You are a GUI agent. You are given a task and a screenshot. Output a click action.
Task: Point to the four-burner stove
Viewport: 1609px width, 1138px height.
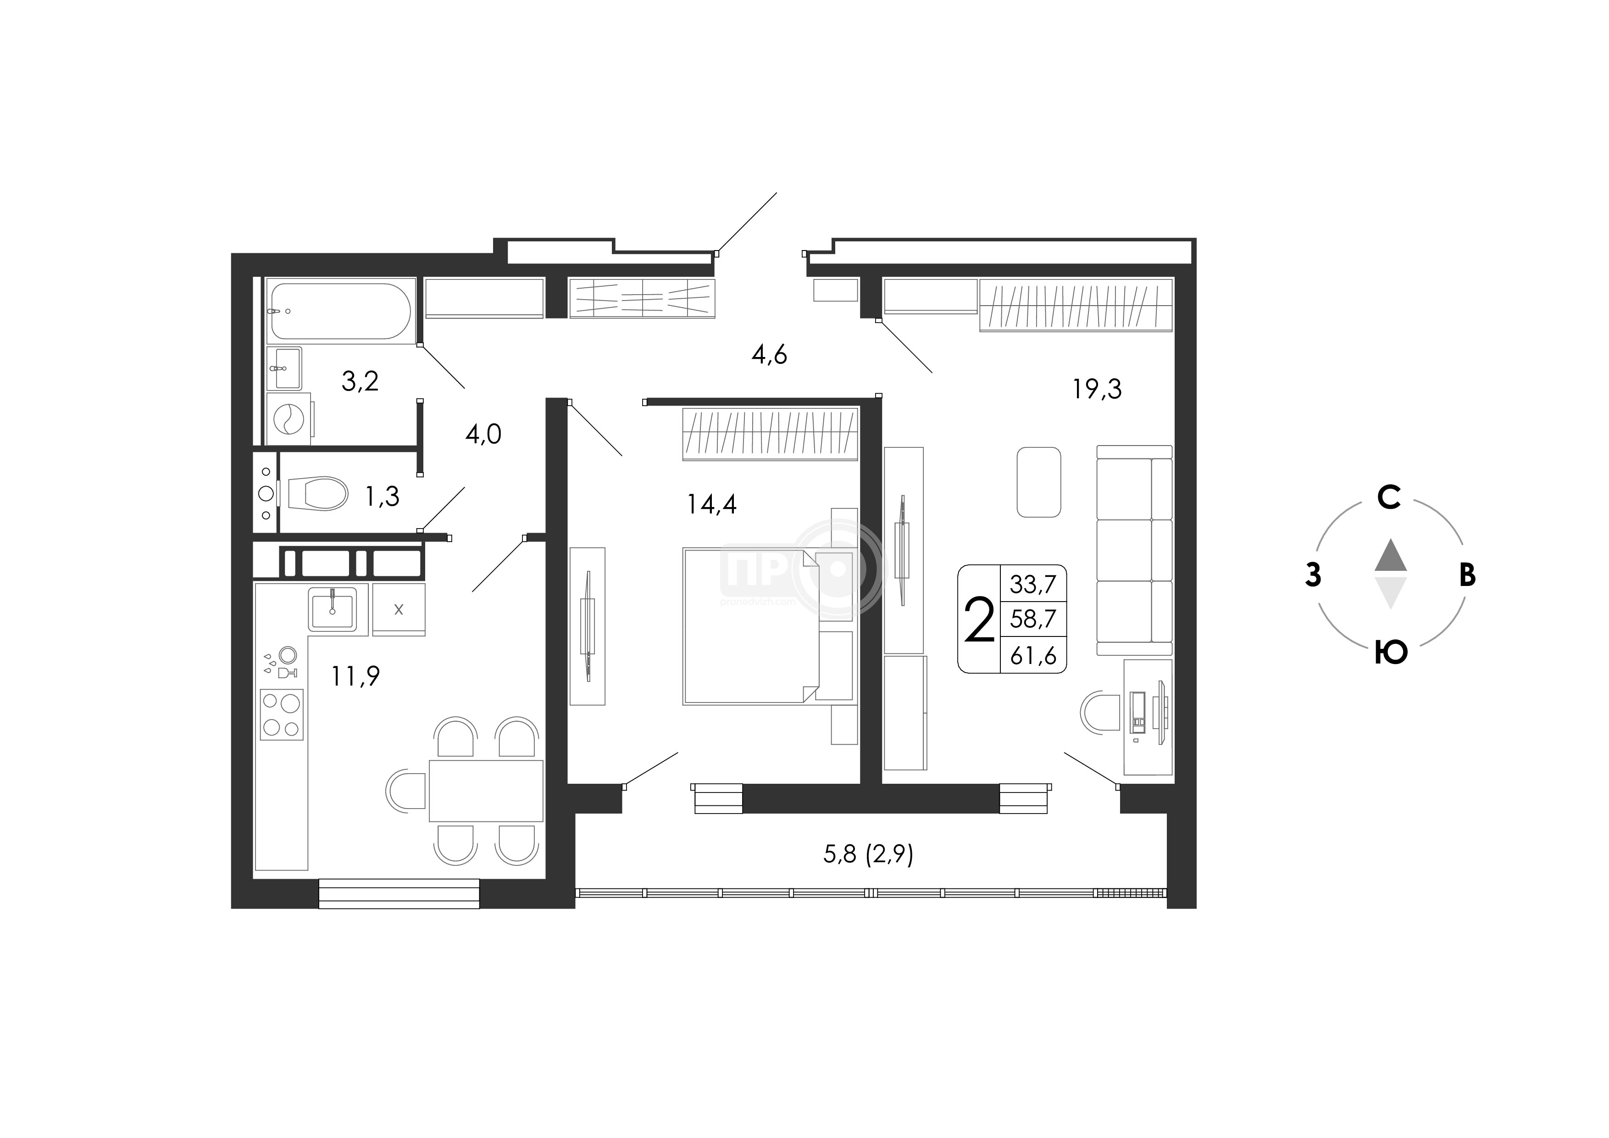click(x=282, y=714)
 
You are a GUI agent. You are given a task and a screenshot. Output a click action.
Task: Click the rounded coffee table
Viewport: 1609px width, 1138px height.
click(x=1038, y=482)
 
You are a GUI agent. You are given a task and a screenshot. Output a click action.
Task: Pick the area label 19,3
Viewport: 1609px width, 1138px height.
click(x=1097, y=389)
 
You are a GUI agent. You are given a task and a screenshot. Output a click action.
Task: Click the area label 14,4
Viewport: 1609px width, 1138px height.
click(x=711, y=504)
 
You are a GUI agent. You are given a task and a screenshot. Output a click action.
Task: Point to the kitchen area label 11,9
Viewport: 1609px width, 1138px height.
click(x=355, y=676)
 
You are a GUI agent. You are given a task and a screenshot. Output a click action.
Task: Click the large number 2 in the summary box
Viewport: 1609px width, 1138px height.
click(x=979, y=620)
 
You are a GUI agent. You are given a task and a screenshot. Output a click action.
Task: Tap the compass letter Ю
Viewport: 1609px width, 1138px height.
click(x=1390, y=652)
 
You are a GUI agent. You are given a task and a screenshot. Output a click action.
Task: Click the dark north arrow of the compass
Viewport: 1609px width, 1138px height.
click(x=1390, y=555)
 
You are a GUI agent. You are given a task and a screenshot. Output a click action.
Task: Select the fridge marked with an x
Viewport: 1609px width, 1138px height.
click(x=398, y=609)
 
